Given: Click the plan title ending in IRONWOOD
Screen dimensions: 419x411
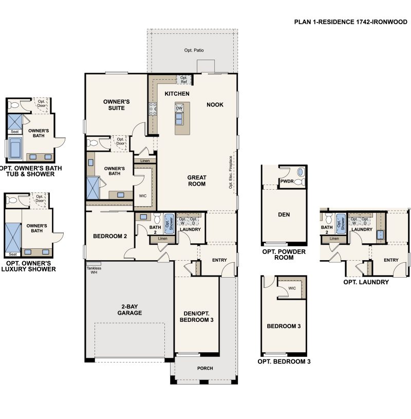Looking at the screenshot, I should point(350,22).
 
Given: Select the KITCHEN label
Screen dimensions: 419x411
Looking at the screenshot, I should point(177,94).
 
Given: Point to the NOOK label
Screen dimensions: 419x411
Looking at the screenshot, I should point(215,104).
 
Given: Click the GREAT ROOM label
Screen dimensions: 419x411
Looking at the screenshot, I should point(196,180).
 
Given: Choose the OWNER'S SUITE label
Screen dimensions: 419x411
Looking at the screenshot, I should point(116,105).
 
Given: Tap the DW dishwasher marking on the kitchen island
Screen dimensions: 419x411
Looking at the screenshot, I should point(179,108).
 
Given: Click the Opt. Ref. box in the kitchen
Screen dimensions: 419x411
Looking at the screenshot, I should point(184,80).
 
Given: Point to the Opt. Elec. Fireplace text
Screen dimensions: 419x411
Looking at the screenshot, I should point(231,172).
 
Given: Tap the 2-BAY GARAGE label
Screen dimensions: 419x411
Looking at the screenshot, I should point(129,309).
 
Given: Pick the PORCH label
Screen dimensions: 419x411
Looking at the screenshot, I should point(205,368).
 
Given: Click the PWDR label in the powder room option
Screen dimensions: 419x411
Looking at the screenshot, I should point(287,181).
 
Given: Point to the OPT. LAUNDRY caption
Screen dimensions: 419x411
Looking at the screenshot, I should point(366,282).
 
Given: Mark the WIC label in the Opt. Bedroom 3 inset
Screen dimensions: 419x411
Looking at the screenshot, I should point(292,288).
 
